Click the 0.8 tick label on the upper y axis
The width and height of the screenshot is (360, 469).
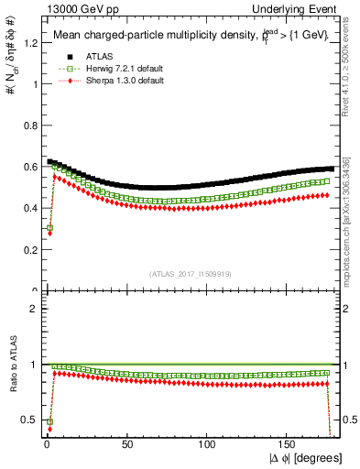[x=28, y=125]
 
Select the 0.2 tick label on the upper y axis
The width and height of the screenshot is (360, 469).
[x=28, y=249]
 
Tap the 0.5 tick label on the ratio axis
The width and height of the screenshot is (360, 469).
[x=28, y=420]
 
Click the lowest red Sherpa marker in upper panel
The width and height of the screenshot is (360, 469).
[x=49, y=234]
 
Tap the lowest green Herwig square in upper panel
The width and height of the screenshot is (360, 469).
[x=49, y=227]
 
